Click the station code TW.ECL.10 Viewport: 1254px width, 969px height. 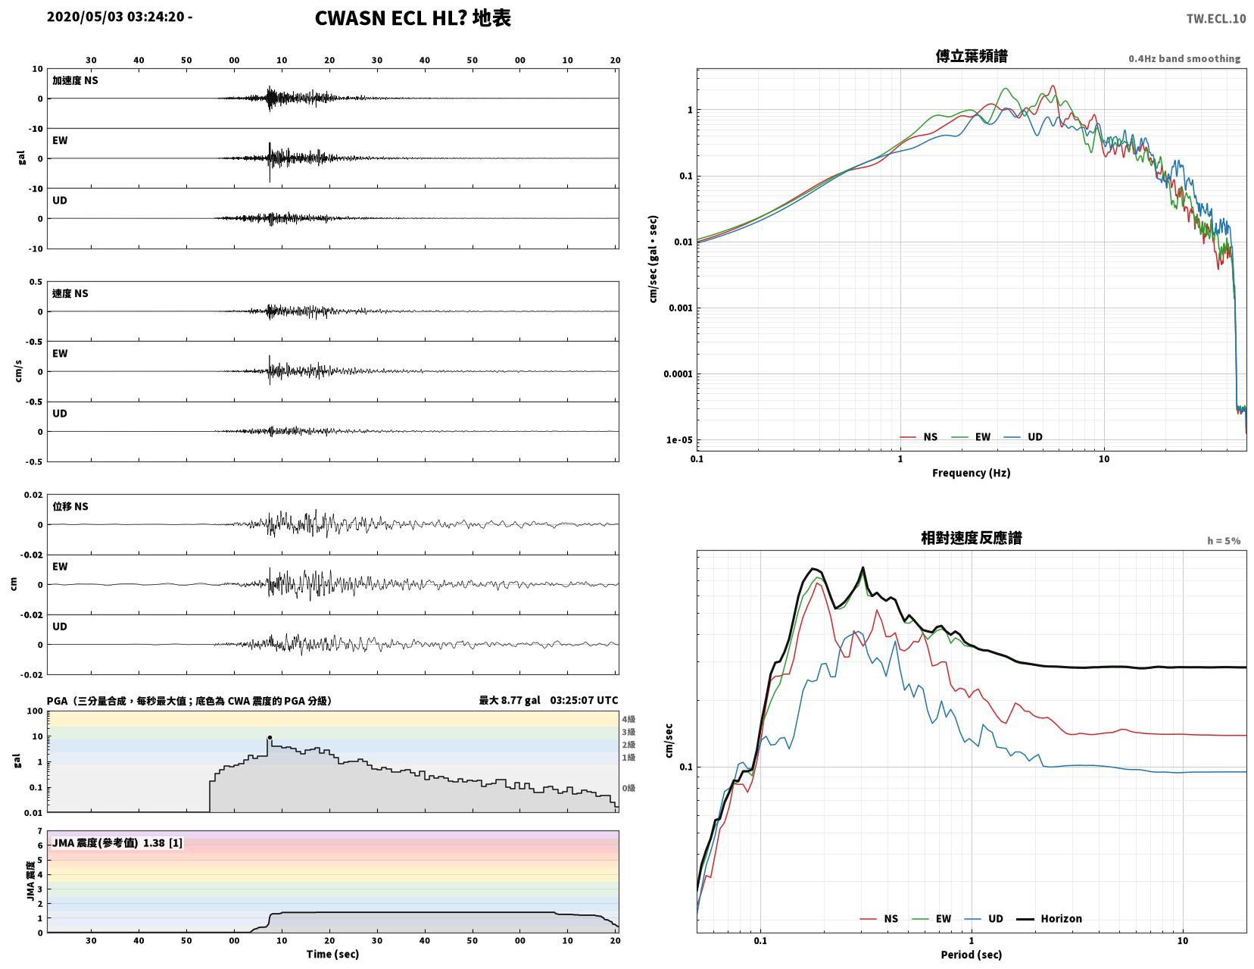[1215, 18]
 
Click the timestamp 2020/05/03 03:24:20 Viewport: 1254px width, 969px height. [115, 16]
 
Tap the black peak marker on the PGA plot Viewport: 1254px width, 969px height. [270, 738]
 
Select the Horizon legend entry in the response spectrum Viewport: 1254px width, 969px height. [1049, 918]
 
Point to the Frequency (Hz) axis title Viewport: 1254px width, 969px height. [971, 473]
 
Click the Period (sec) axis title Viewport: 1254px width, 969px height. [971, 954]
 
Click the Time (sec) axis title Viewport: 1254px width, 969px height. [332, 953]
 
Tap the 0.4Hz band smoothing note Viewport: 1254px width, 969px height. [1184, 58]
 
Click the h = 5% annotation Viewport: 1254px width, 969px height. [1224, 540]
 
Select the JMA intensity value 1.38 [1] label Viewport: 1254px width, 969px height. [117, 842]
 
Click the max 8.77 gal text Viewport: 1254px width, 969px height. [510, 700]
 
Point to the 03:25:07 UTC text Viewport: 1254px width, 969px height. [583, 700]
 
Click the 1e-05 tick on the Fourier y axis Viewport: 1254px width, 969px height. [678, 439]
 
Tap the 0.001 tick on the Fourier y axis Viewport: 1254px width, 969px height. [680, 308]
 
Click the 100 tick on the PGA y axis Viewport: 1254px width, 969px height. [35, 711]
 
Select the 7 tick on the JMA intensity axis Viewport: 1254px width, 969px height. [40, 830]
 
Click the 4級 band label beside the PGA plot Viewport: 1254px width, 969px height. [629, 719]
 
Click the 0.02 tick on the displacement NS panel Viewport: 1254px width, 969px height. [33, 495]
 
